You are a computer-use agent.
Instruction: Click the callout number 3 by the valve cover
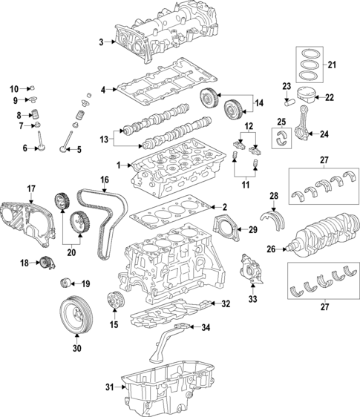click(x=102, y=42)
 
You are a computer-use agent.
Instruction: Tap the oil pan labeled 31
click(x=170, y=390)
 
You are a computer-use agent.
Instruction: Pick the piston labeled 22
click(x=306, y=97)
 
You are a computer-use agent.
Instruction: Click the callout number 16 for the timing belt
click(x=105, y=180)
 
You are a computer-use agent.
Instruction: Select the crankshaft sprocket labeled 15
click(x=115, y=302)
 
